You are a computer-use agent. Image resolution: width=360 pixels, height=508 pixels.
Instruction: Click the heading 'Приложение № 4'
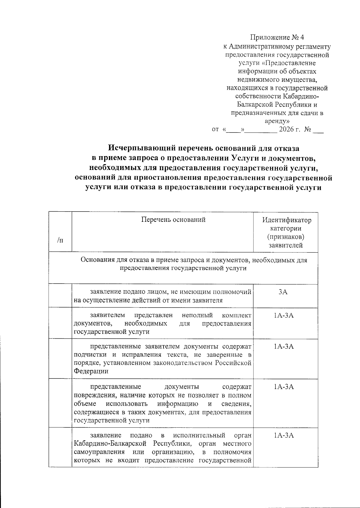(277, 37)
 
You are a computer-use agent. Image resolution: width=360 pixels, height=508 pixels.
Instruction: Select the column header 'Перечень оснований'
(173, 220)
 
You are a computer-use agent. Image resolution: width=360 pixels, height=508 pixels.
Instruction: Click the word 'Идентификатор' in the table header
(286, 220)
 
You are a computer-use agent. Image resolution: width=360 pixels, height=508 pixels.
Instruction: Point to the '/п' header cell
(60, 240)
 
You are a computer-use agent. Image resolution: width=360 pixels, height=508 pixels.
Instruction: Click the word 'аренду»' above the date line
(277, 121)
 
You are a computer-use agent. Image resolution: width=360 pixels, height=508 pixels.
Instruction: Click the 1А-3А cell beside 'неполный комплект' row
(283, 315)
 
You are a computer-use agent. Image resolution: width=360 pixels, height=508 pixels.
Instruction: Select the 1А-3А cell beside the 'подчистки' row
(283, 347)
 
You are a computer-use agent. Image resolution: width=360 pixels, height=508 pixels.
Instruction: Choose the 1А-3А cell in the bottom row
(283, 435)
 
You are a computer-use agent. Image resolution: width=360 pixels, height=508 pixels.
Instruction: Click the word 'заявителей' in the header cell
(285, 245)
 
